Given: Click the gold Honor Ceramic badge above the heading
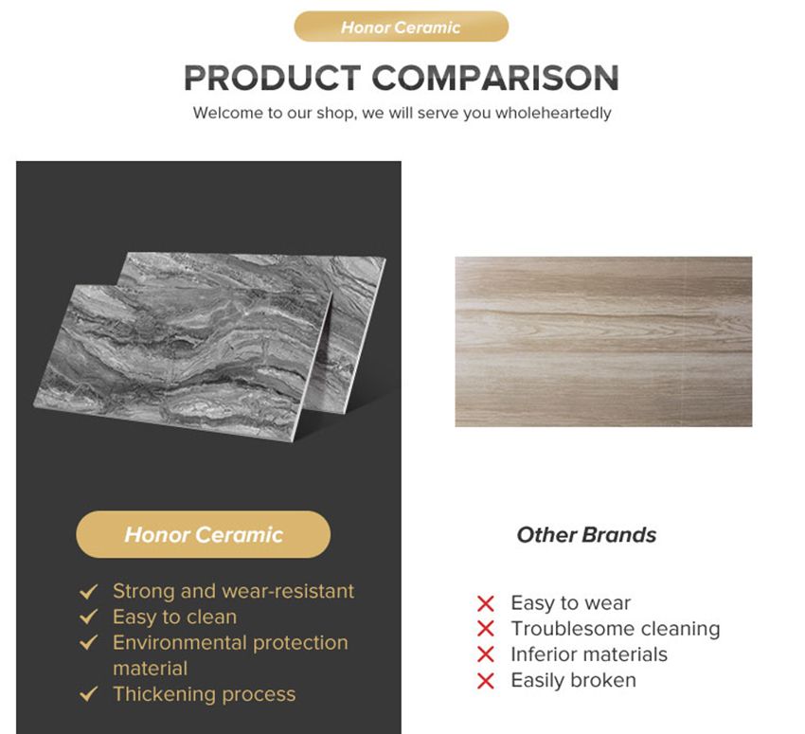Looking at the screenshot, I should (x=401, y=27).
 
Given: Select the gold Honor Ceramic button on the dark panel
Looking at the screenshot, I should (x=204, y=535).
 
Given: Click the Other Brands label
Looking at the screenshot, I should (x=586, y=535).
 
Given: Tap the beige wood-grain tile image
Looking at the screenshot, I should (x=603, y=341).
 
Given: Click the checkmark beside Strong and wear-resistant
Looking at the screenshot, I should (x=89, y=592).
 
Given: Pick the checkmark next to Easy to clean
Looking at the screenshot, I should (x=89, y=618).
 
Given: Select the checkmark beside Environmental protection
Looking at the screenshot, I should (x=89, y=643).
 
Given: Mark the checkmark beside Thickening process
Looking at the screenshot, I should (x=89, y=694).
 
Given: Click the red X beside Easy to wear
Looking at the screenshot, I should (x=486, y=603).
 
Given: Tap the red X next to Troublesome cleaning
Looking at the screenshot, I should (x=486, y=629).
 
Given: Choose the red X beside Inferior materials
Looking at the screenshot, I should (x=486, y=654).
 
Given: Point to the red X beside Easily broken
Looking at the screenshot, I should (x=486, y=680).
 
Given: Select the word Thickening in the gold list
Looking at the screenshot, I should (x=165, y=694).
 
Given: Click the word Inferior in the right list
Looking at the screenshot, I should (x=542, y=654).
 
